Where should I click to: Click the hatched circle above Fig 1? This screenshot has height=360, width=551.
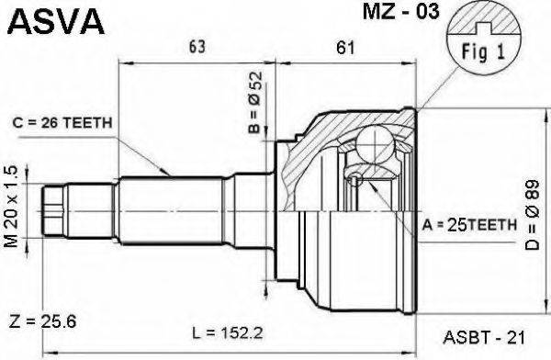[475, 28]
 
